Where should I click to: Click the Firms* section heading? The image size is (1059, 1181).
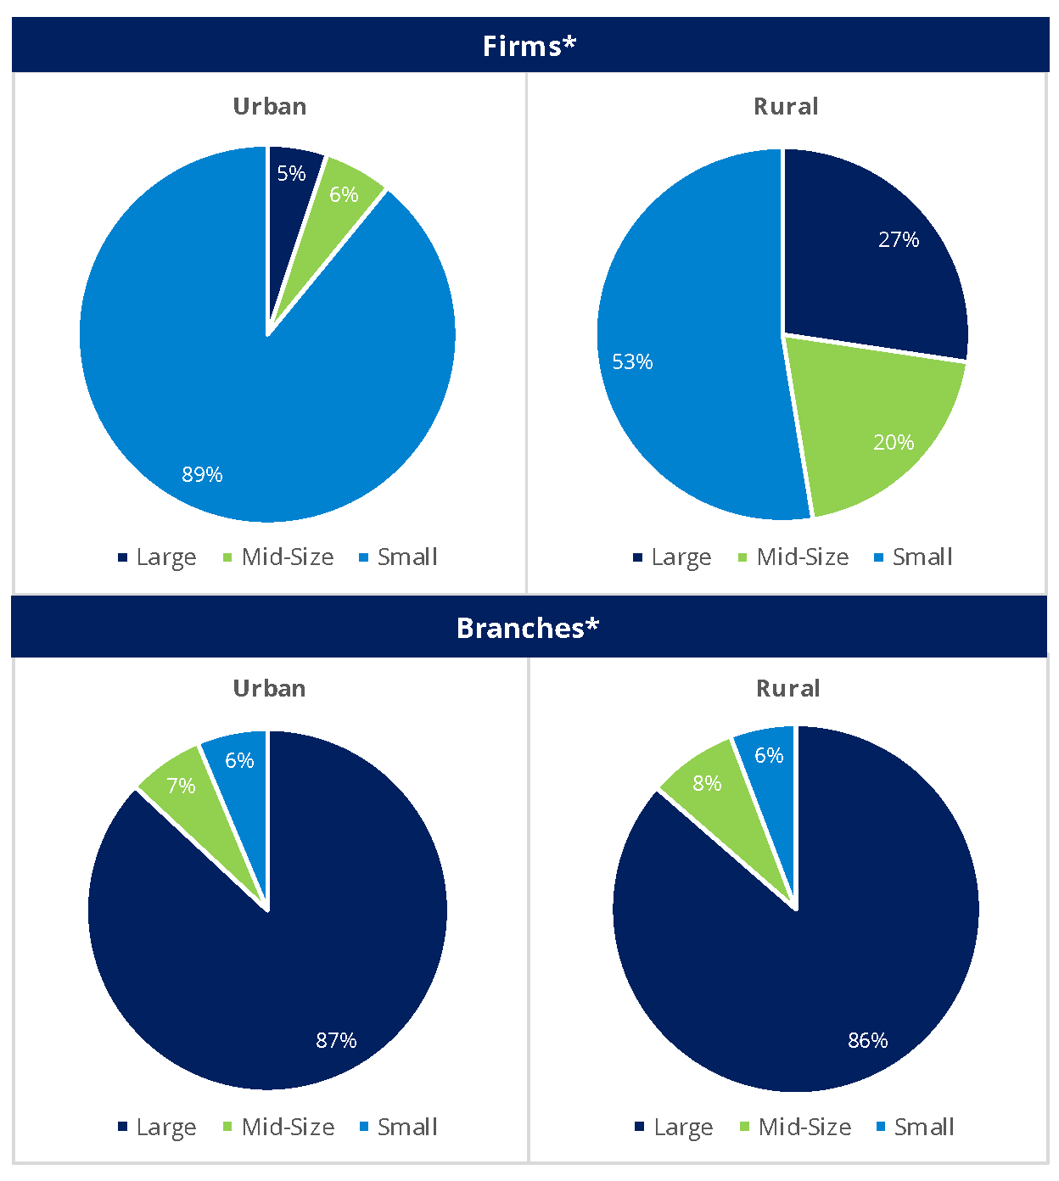(x=529, y=46)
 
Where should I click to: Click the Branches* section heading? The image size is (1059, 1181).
(x=528, y=628)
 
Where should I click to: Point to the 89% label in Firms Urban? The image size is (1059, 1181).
(x=202, y=474)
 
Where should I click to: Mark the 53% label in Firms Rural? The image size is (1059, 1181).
(x=632, y=362)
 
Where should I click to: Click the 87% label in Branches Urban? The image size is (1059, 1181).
(x=336, y=1040)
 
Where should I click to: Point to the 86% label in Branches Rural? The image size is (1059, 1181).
(x=867, y=1040)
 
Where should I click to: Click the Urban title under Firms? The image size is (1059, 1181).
(x=270, y=107)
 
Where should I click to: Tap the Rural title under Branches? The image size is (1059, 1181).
(x=787, y=689)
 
